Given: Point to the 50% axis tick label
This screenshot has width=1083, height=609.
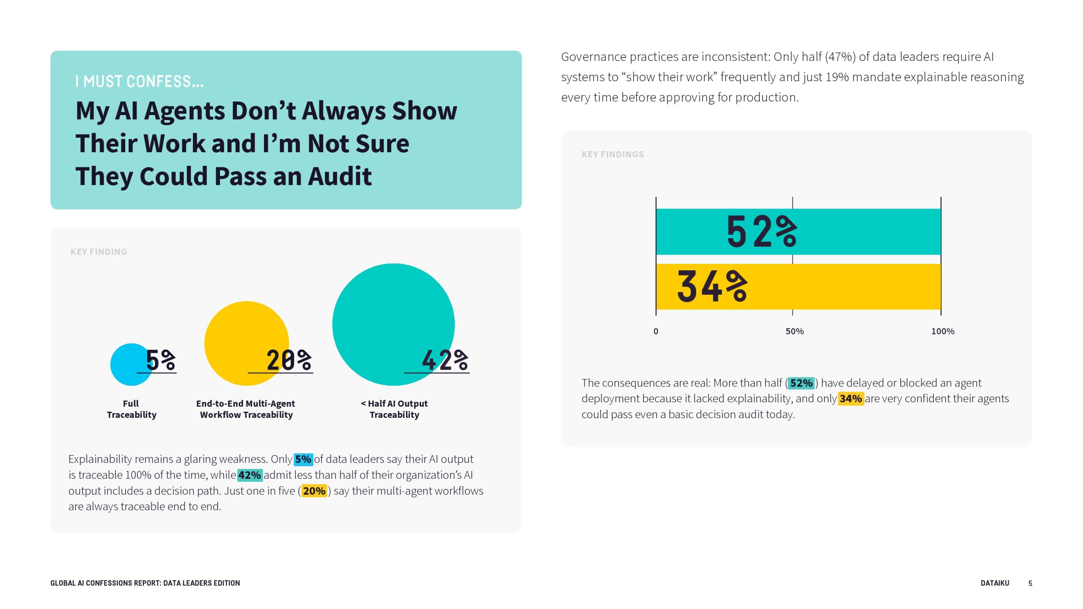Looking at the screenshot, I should tap(794, 332).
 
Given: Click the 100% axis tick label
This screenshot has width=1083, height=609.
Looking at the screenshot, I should tap(943, 332).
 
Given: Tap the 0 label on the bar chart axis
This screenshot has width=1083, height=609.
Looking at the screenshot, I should tap(656, 332).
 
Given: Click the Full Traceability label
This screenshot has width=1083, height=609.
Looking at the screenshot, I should tap(131, 409).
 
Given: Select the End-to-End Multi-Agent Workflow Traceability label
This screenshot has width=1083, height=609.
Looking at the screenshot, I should tap(246, 409).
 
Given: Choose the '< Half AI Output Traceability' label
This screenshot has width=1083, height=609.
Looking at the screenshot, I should tap(394, 409).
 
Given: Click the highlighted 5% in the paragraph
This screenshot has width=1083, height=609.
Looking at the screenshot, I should tap(303, 459).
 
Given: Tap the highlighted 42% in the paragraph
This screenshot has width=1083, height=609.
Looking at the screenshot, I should tap(250, 475).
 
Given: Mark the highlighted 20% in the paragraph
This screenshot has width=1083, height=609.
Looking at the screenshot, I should tap(314, 491).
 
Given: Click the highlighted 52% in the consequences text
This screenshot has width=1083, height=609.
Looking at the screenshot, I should tap(801, 383).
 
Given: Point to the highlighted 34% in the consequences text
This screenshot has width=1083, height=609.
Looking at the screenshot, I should tap(850, 399).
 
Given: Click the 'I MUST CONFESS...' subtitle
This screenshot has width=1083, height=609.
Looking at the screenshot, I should tap(139, 82).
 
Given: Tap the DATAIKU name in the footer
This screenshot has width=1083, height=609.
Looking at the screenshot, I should tap(995, 583).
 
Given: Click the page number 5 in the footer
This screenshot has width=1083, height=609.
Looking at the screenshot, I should tap(1030, 583).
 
